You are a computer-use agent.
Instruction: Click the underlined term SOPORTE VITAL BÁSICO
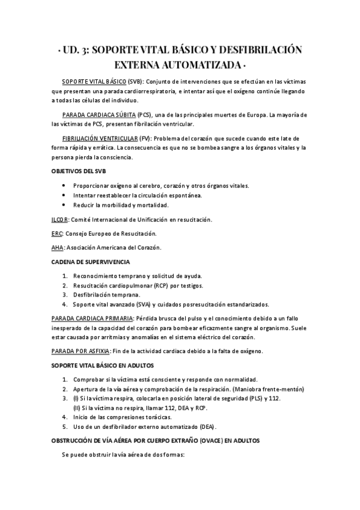tap(94, 81)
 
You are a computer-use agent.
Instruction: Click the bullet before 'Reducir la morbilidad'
tap(64, 205)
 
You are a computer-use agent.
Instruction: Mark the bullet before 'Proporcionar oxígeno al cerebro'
tap(64, 186)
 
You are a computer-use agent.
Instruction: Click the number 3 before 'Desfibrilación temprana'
tap(64, 295)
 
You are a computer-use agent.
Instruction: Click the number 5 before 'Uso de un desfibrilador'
tap(64, 427)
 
